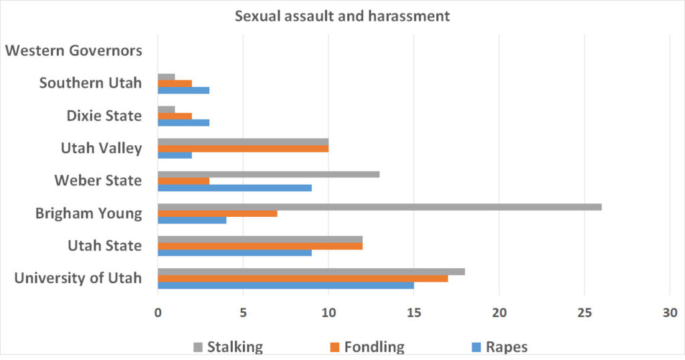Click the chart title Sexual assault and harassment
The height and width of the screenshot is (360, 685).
click(x=342, y=16)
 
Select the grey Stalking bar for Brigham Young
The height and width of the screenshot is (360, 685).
click(x=379, y=207)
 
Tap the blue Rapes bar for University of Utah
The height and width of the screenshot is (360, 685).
click(x=286, y=285)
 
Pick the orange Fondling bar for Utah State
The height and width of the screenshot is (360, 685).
click(x=260, y=246)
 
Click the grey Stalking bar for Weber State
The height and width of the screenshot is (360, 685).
click(x=268, y=174)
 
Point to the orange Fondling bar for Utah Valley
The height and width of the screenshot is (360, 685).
click(x=243, y=148)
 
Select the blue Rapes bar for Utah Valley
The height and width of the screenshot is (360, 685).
click(x=175, y=155)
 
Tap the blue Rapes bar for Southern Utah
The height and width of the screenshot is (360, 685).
click(x=183, y=90)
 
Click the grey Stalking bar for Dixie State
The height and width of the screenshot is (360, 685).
click(x=166, y=109)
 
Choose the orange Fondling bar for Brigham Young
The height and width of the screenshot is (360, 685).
click(x=217, y=213)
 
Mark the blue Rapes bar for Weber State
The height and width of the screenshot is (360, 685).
click(x=234, y=188)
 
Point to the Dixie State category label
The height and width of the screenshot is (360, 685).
click(x=104, y=116)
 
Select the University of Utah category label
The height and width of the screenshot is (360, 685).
click(x=78, y=278)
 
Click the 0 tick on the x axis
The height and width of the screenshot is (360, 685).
click(x=158, y=312)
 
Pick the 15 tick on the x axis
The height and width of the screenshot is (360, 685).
click(x=413, y=312)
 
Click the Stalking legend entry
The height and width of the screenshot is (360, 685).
click(x=227, y=347)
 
